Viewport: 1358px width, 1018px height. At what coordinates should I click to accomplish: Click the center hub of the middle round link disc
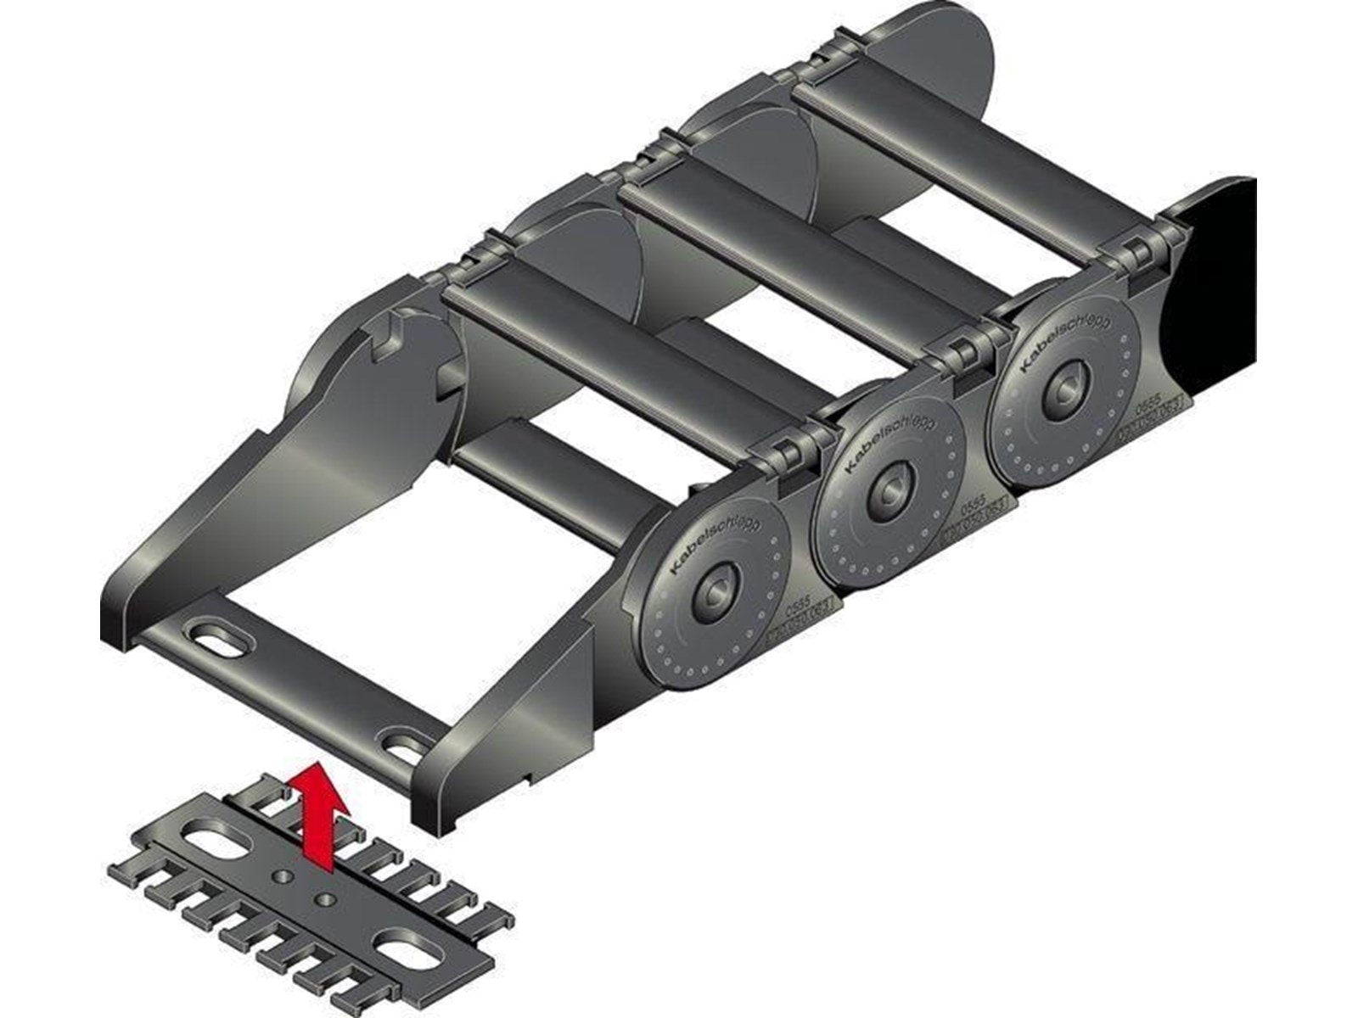(x=889, y=494)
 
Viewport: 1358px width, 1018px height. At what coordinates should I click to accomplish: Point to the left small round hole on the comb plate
(x=280, y=875)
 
